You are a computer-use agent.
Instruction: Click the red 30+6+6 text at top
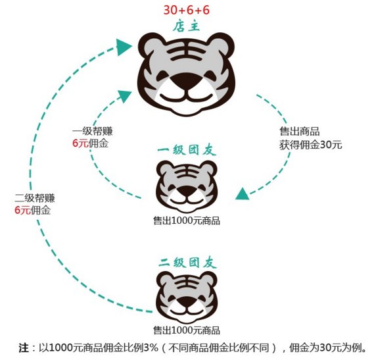tap(186, 11)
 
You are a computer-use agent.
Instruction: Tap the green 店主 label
tap(186, 26)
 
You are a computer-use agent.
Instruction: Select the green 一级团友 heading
tap(187, 151)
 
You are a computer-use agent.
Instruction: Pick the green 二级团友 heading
tap(187, 263)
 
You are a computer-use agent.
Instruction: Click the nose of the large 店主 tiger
tap(186, 82)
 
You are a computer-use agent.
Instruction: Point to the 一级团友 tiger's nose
tap(187, 191)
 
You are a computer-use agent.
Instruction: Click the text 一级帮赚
tap(93, 132)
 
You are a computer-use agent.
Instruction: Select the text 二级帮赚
tap(35, 198)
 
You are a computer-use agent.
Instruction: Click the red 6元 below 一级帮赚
tap(80, 143)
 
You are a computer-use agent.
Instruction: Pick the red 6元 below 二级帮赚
tap(22, 211)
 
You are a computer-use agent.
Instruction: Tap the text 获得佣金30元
tap(311, 145)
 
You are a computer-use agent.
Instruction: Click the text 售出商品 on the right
tap(300, 132)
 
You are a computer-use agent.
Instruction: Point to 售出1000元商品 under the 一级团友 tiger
tap(187, 220)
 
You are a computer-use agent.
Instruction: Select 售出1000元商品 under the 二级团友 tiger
tap(187, 330)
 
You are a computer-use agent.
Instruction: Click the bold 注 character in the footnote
tap(24, 347)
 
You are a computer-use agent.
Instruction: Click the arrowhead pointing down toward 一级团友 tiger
tap(242, 193)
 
